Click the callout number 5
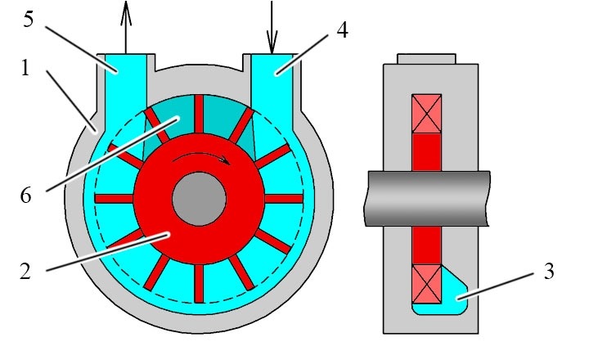pyautogui.click(x=28, y=20)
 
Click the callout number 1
pyautogui.click(x=25, y=69)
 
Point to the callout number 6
pyautogui.click(x=25, y=196)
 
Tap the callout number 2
pyautogui.click(x=25, y=272)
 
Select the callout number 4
pyautogui.click(x=342, y=30)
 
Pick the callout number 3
pyautogui.click(x=549, y=272)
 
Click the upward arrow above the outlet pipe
pyautogui.click(x=126, y=27)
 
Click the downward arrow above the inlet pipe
pyautogui.click(x=272, y=27)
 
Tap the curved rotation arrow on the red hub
pyautogui.click(x=202, y=157)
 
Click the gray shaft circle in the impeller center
pyautogui.click(x=199, y=199)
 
